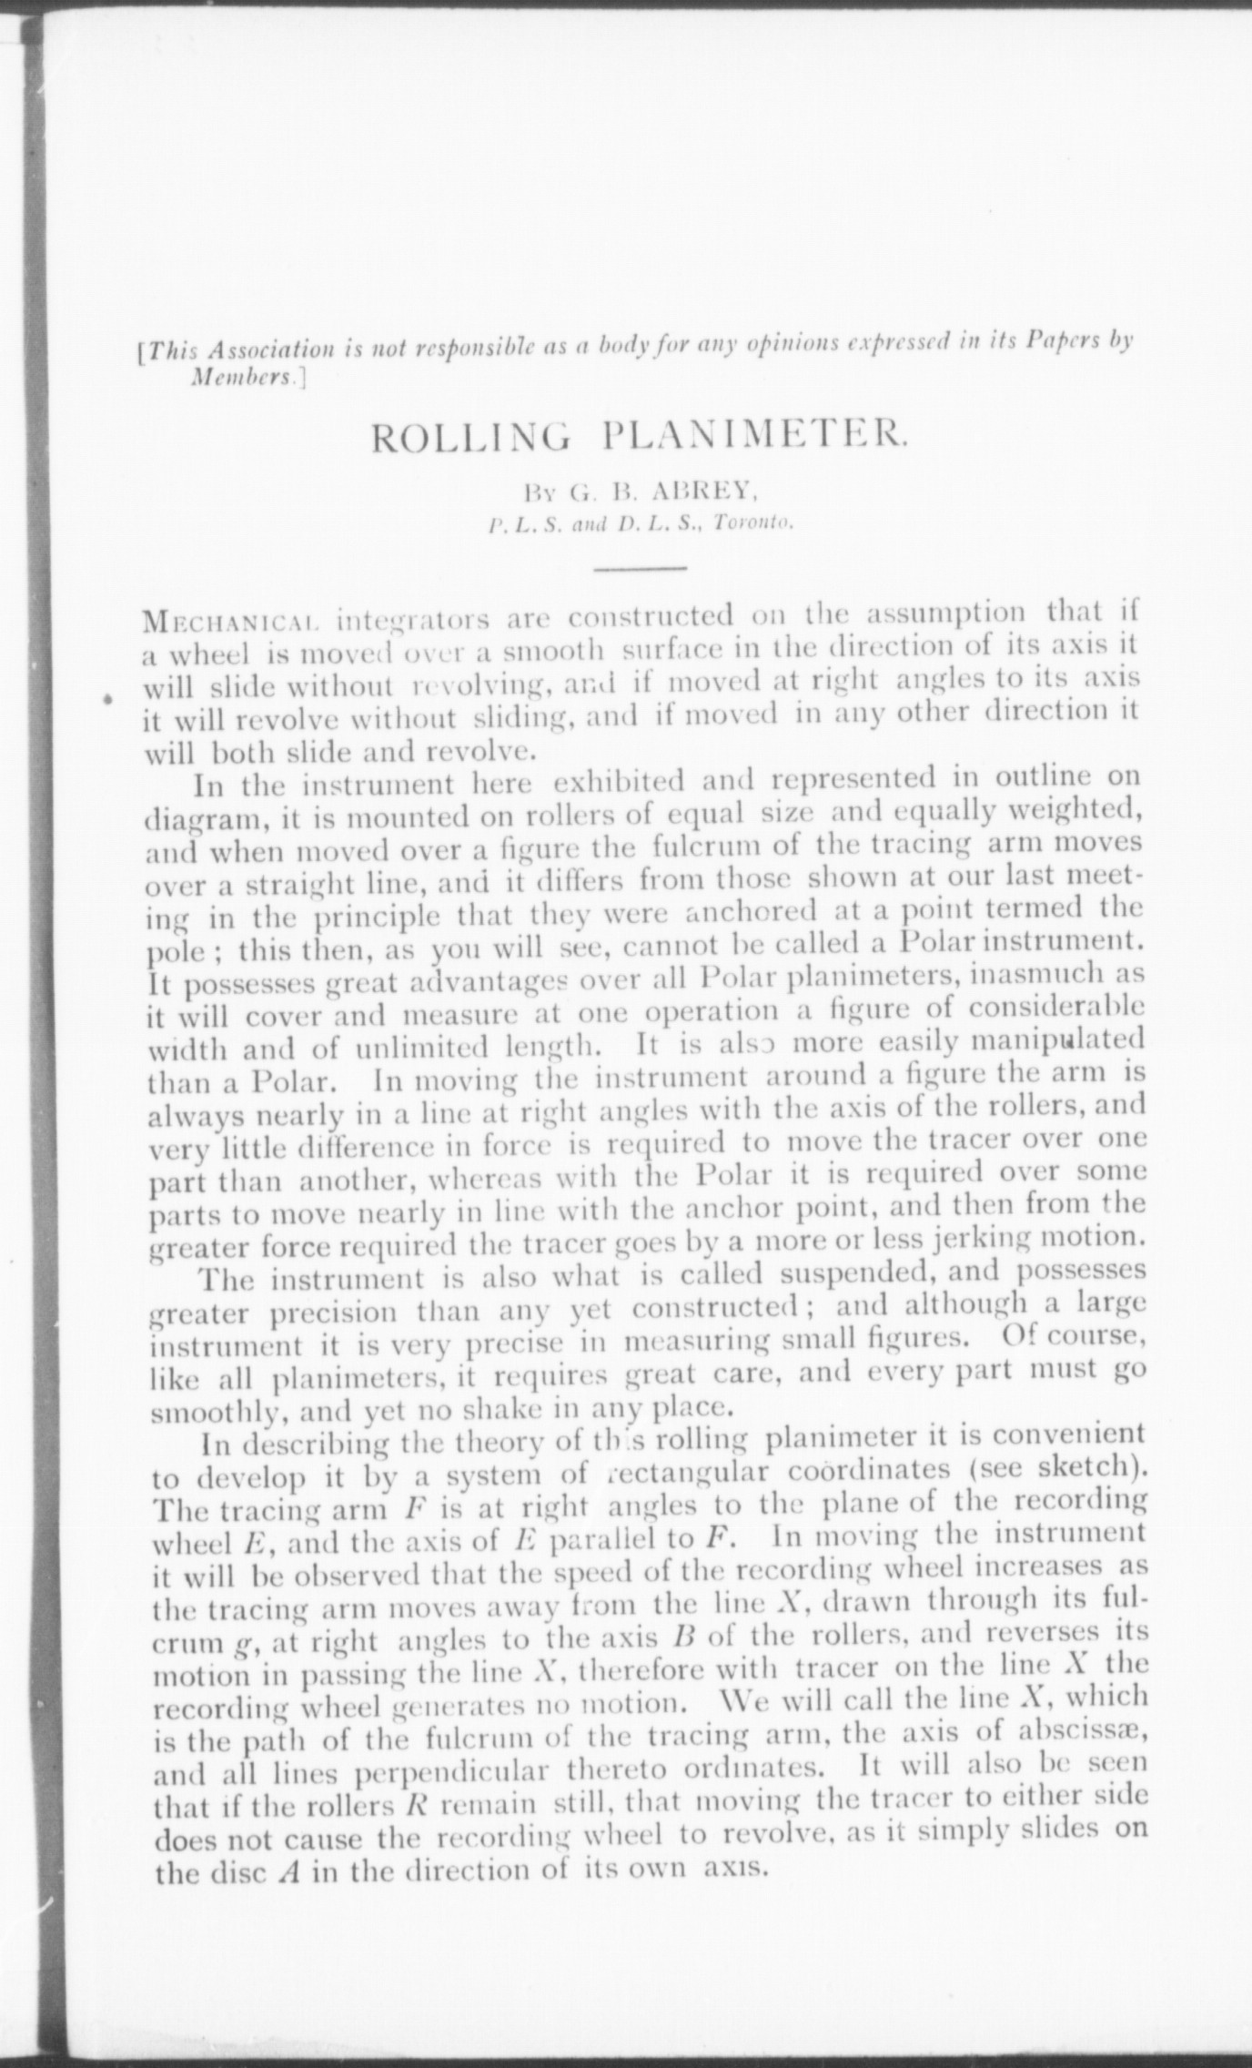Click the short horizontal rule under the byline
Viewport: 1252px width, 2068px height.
(x=639, y=569)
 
